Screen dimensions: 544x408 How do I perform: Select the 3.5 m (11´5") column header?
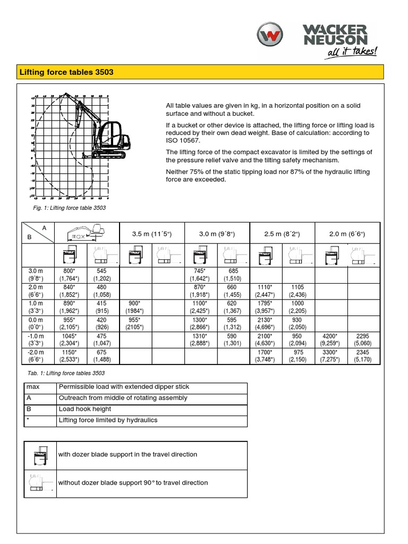(x=152, y=234)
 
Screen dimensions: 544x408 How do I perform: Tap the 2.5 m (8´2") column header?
(x=282, y=234)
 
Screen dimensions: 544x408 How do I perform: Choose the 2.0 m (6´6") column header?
(x=347, y=234)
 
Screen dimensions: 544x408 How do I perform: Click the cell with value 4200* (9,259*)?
(x=331, y=339)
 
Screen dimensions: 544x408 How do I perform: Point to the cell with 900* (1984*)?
(x=136, y=307)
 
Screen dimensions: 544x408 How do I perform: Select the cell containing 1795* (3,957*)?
(x=266, y=307)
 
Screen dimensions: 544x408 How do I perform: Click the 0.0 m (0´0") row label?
(x=37, y=323)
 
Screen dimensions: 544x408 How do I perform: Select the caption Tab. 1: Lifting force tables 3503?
(x=66, y=373)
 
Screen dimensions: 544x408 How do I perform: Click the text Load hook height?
(x=85, y=409)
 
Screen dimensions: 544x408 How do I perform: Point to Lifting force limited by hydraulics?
(x=108, y=420)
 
